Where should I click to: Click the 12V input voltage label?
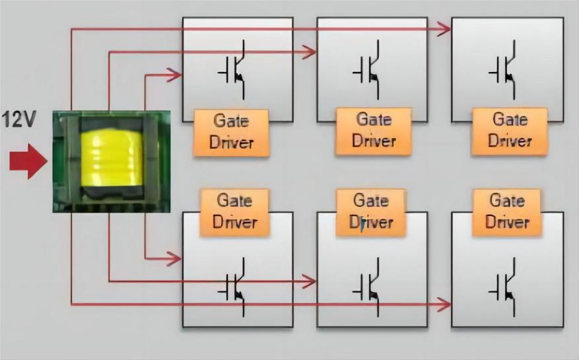(19, 119)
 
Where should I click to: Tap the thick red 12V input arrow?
(28, 162)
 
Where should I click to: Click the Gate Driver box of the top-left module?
(231, 133)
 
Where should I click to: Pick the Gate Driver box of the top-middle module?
(373, 131)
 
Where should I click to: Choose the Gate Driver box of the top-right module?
(510, 131)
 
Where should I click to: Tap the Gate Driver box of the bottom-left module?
(235, 213)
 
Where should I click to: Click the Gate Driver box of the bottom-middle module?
(371, 213)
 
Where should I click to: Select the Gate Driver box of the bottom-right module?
(507, 213)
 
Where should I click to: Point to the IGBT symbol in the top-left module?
(232, 70)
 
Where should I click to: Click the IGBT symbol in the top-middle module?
(367, 70)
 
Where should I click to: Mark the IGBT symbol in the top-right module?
(503, 70)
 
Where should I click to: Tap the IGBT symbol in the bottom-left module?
(232, 287)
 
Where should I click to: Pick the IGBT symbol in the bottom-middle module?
(367, 287)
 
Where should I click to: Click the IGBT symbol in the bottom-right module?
(503, 287)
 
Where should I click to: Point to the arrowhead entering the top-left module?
(174, 75)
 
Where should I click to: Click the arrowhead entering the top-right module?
(444, 29)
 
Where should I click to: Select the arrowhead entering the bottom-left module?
(174, 258)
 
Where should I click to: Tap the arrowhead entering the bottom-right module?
(444, 305)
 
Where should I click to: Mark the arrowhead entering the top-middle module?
(309, 52)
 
